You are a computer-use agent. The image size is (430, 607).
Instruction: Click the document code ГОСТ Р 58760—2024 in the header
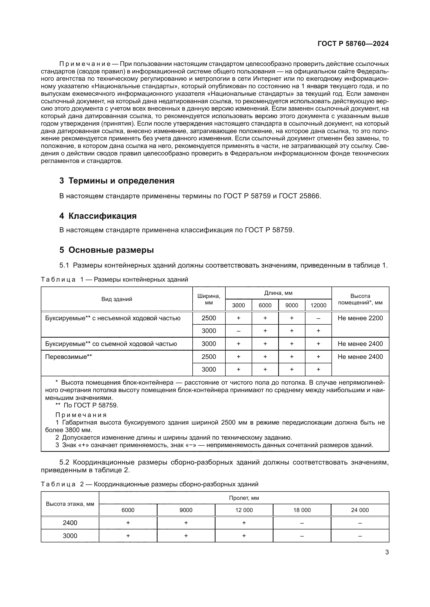[353, 44]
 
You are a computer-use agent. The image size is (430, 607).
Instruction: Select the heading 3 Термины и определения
[117, 181]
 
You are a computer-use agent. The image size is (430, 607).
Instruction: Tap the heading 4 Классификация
[98, 216]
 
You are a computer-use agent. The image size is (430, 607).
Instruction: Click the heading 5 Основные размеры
[106, 250]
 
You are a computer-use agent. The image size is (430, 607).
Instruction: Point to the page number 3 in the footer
[387, 552]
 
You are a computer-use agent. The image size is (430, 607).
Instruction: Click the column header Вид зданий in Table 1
[116, 299]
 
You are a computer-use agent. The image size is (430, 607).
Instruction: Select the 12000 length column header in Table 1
[318, 305]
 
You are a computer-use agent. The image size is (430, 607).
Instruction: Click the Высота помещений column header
[360, 299]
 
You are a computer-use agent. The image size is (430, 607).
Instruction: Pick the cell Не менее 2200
[360, 318]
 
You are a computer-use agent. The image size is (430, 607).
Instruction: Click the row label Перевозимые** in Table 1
[69, 357]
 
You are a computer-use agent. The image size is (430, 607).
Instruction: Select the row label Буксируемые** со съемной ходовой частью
[111, 344]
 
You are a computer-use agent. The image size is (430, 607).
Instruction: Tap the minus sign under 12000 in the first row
[318, 318]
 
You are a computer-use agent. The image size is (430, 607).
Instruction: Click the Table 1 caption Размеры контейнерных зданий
[141, 279]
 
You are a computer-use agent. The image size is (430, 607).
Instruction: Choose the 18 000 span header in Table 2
[302, 510]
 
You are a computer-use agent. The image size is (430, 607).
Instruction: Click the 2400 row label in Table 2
[70, 523]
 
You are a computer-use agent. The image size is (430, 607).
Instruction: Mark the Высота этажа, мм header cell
[70, 504]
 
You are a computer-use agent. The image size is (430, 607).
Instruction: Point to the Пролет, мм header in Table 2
[244, 498]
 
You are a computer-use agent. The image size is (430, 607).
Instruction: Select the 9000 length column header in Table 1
[291, 305]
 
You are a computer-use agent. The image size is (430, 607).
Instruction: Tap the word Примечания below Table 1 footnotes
[81, 415]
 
